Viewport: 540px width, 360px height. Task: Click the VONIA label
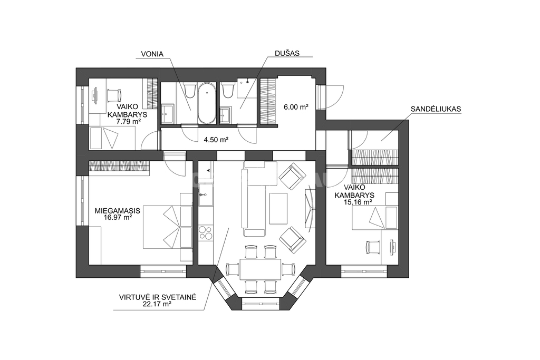coord(152,54)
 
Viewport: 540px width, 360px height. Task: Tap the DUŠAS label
coord(287,53)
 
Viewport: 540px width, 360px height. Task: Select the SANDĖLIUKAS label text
coord(436,109)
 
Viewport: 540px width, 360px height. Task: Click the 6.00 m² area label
coord(296,107)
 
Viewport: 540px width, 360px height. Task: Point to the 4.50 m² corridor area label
coord(216,140)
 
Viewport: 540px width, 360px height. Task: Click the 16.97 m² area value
coord(118,217)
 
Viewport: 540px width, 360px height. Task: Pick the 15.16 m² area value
coord(358,202)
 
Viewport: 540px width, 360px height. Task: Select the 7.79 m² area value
coord(129,121)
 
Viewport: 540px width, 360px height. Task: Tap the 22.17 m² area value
coord(157,304)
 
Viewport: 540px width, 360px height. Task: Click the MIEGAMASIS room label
coord(118,211)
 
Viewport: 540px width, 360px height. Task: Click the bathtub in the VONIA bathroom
coord(207,103)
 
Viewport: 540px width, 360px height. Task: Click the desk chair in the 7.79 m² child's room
coord(114,95)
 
